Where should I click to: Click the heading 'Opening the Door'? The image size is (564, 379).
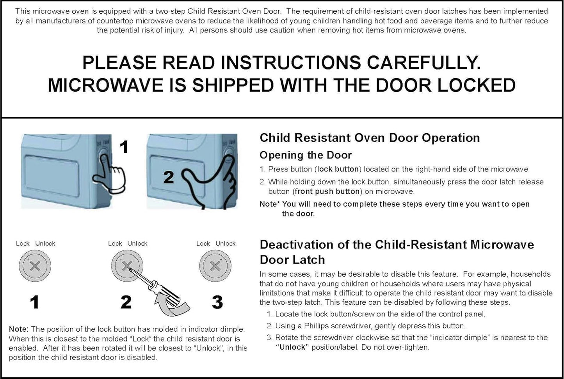[306, 155]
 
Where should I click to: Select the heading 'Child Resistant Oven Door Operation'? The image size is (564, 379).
[370, 138]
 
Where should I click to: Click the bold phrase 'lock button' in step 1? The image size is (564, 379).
[338, 169]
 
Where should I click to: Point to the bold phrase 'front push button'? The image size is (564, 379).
[327, 191]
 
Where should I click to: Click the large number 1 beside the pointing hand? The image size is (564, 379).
[124, 147]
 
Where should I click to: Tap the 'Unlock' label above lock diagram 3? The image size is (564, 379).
[225, 243]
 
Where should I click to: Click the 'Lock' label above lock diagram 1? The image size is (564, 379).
[23, 243]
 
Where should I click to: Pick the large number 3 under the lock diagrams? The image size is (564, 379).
[217, 302]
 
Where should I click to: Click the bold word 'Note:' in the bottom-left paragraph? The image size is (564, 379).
[18, 329]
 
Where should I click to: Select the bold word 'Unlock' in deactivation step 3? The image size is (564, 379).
[292, 347]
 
